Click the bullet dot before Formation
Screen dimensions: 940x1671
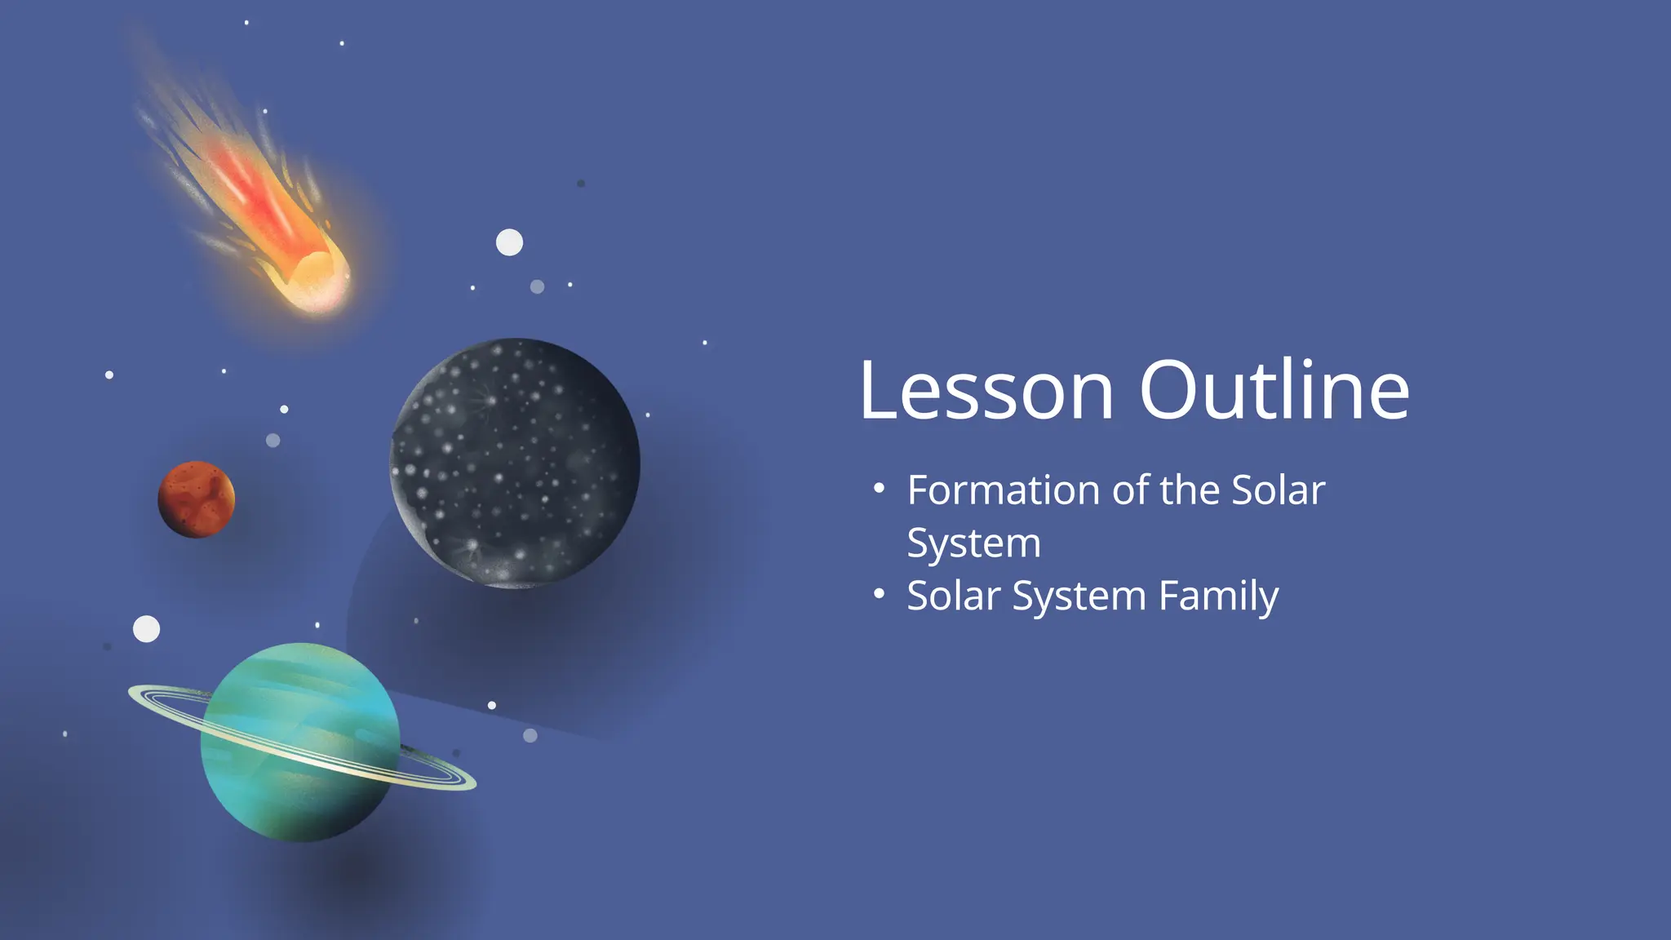879,490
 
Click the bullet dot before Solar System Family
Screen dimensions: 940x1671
879,595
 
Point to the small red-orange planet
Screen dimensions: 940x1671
196,499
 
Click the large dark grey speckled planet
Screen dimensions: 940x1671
515,463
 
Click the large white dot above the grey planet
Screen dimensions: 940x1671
509,242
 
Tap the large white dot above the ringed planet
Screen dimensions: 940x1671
147,629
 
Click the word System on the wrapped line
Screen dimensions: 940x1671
973,543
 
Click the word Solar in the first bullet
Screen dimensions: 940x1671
1278,490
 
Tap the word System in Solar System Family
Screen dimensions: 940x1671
1079,596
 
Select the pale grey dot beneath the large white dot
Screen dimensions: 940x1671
537,286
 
